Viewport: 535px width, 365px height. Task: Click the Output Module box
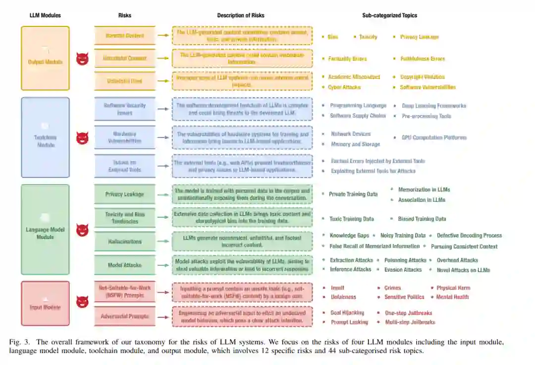point(45,58)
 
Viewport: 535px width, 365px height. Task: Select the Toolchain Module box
point(45,137)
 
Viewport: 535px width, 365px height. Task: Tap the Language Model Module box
point(45,229)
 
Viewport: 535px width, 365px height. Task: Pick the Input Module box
point(45,304)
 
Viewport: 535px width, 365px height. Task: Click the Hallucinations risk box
point(125,242)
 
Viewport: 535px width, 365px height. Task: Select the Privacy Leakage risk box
point(125,194)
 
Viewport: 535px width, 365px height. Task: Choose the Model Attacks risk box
point(125,265)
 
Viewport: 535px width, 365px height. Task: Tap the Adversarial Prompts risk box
point(125,316)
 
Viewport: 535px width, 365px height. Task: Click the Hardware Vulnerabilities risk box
point(125,137)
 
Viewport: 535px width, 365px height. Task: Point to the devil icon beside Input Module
point(82,302)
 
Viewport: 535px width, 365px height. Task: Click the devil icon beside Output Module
point(82,59)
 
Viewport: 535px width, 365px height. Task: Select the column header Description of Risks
point(241,15)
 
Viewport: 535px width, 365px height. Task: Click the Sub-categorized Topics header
point(389,15)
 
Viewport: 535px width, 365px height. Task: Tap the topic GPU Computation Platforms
point(434,137)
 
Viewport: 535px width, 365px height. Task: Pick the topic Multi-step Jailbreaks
point(410,322)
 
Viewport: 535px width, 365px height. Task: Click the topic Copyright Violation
point(423,77)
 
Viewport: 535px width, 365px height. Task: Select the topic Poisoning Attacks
point(405,260)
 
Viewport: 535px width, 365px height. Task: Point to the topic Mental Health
point(452,297)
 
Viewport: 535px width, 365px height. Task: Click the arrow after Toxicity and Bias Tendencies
point(163,217)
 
